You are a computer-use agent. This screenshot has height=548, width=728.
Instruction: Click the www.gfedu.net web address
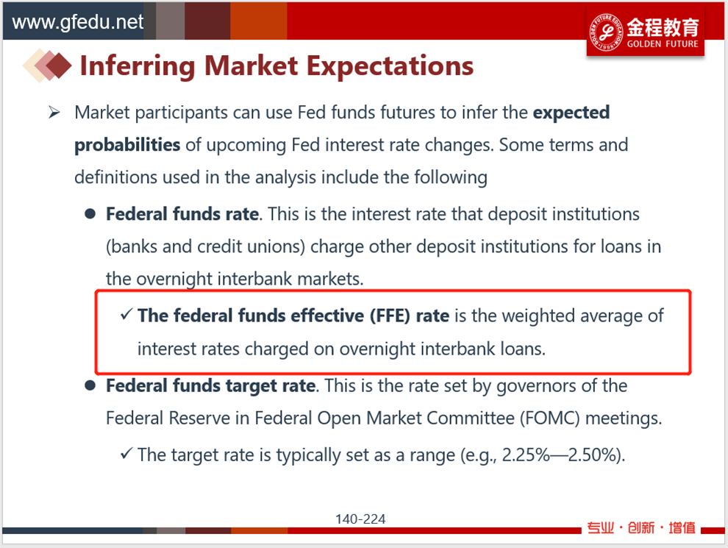77,22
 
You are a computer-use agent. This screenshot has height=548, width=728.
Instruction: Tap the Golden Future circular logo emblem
606,32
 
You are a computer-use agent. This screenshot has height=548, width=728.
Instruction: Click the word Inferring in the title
138,66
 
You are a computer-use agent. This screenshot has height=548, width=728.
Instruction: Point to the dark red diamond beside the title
59,65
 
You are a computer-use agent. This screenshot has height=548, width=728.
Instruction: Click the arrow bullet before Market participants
54,113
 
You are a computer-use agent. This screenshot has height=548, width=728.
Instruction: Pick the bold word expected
571,113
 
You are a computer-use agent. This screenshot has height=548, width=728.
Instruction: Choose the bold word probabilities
127,146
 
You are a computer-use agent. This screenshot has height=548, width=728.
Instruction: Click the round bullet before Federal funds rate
90,214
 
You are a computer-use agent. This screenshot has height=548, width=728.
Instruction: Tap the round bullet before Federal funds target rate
90,386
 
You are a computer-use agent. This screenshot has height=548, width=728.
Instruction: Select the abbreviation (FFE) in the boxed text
390,316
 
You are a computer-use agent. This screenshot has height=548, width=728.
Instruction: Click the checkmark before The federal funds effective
126,314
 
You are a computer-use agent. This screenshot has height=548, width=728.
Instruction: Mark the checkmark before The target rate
126,453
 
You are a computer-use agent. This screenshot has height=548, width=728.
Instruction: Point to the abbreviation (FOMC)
550,419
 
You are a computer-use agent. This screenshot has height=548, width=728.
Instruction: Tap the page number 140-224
361,519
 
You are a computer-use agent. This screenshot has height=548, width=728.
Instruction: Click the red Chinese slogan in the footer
641,528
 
